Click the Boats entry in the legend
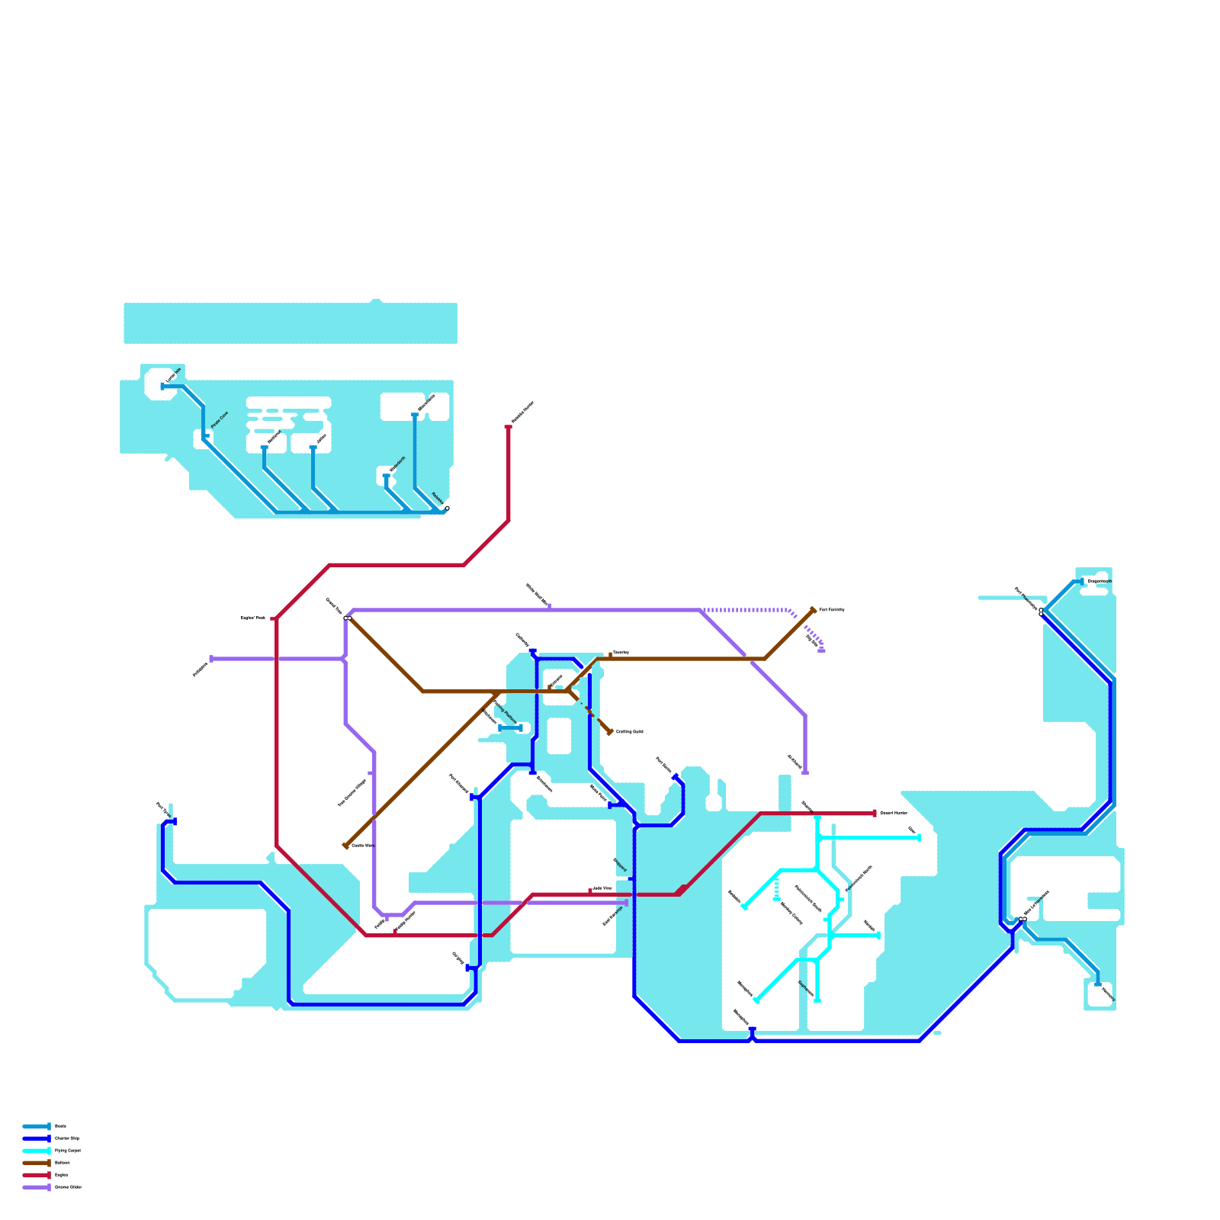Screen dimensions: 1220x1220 pyautogui.click(x=60, y=1125)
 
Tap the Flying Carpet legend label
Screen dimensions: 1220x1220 pyautogui.click(x=67, y=1150)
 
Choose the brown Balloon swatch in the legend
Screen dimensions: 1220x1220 pyautogui.click(x=36, y=1163)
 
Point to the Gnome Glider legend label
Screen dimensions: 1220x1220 pyautogui.click(x=68, y=1187)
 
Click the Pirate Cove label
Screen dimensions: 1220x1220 pyautogui.click(x=219, y=419)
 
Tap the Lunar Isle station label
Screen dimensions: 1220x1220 pyautogui.click(x=173, y=375)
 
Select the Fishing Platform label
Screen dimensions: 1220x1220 pyautogui.click(x=506, y=712)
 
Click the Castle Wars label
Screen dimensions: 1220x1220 pyautogui.click(x=363, y=846)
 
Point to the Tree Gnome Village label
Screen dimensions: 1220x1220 pyautogui.click(x=352, y=793)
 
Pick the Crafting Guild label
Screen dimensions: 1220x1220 pyautogui.click(x=629, y=732)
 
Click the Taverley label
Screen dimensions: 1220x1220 pyautogui.click(x=621, y=653)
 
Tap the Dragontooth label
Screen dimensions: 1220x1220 pyautogui.click(x=1100, y=582)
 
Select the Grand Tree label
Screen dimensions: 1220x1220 pyautogui.click(x=334, y=606)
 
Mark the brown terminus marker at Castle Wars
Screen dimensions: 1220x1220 pyautogui.click(x=345, y=846)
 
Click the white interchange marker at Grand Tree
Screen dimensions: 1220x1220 pyautogui.click(x=348, y=618)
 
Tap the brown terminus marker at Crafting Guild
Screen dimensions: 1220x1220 pyautogui.click(x=610, y=732)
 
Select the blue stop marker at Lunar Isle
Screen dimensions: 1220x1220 pyautogui.click(x=162, y=387)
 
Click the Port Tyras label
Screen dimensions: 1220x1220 pyautogui.click(x=162, y=808)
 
